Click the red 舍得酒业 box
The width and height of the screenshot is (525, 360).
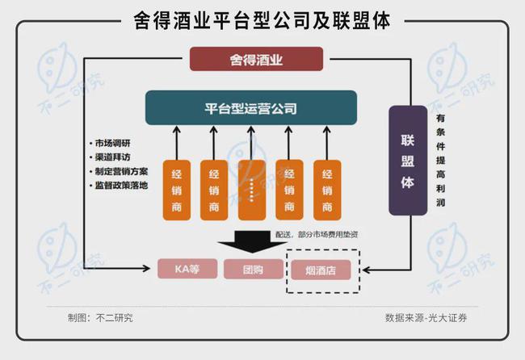[x=257, y=59]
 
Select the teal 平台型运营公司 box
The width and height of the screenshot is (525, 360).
[x=251, y=107]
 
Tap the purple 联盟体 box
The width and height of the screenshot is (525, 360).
[x=408, y=161]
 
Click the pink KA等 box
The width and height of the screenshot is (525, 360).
[x=187, y=269]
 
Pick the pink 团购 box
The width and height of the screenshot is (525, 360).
[x=254, y=269]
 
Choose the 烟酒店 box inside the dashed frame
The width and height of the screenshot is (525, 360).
[x=321, y=270]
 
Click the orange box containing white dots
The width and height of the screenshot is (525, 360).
[x=252, y=190]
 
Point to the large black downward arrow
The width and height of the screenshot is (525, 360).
[x=252, y=241]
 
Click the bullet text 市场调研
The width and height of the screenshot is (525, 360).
[x=110, y=143]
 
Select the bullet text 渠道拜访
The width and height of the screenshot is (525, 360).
[x=110, y=157]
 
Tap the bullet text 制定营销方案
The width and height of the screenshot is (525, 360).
[x=119, y=172]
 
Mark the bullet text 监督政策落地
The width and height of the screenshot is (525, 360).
[x=119, y=186]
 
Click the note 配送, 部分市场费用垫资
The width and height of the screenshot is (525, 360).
[x=317, y=235]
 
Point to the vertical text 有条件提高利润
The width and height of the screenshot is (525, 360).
[x=441, y=161]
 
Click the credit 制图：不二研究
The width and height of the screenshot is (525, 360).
[x=100, y=318]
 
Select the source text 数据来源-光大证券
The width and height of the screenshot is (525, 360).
[x=426, y=318]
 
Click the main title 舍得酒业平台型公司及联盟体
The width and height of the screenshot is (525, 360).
[x=262, y=21]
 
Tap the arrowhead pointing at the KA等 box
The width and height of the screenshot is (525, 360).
[x=147, y=268]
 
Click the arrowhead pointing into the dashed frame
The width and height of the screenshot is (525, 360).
[x=367, y=270]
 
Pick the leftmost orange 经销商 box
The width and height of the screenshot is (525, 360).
[x=177, y=190]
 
